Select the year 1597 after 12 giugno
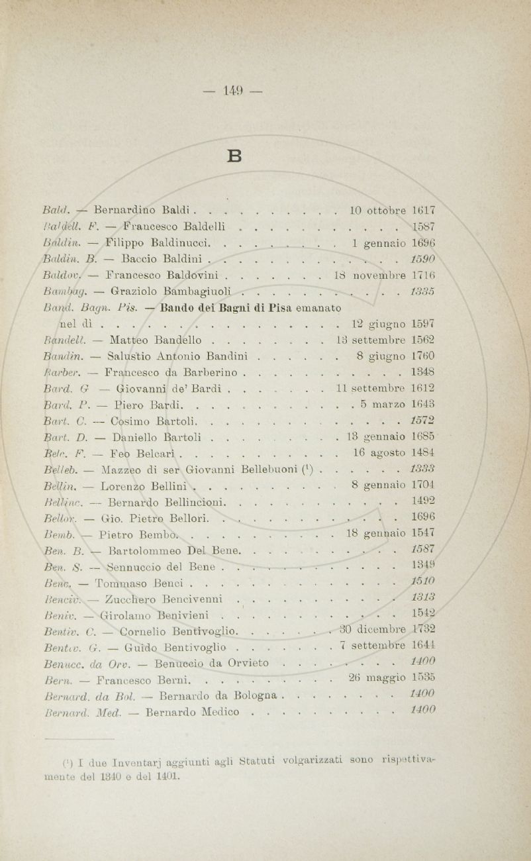coord(422,324)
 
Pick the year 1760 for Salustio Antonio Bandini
coord(422,356)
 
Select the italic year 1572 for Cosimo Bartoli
coord(422,422)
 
